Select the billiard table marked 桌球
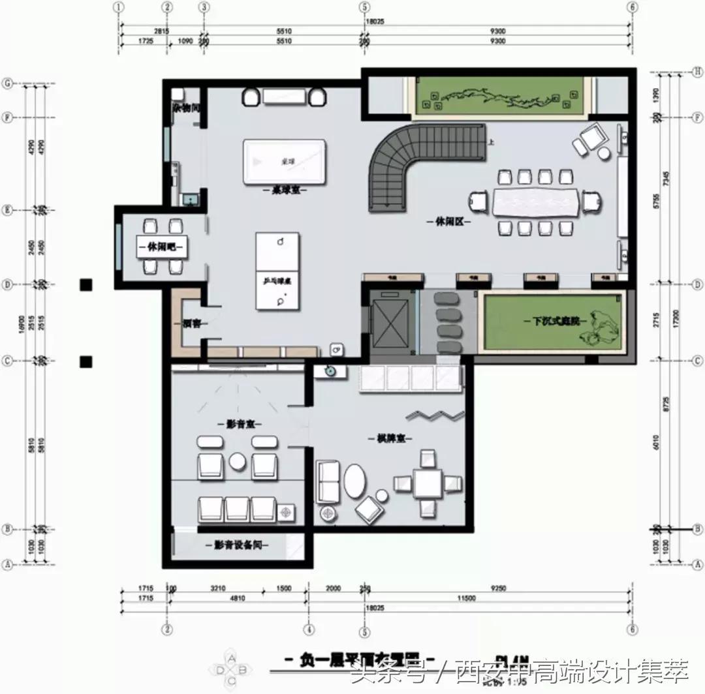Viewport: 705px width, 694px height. [x=284, y=160]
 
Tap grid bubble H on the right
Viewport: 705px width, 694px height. [x=697, y=72]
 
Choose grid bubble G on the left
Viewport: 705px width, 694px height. [x=8, y=83]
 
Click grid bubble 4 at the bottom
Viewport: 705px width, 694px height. [x=309, y=630]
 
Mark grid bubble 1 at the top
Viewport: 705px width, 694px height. [x=119, y=7]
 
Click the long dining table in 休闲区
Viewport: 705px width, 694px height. [x=536, y=202]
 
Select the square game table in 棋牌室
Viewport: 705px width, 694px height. [x=428, y=483]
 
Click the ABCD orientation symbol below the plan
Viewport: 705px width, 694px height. [x=232, y=669]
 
